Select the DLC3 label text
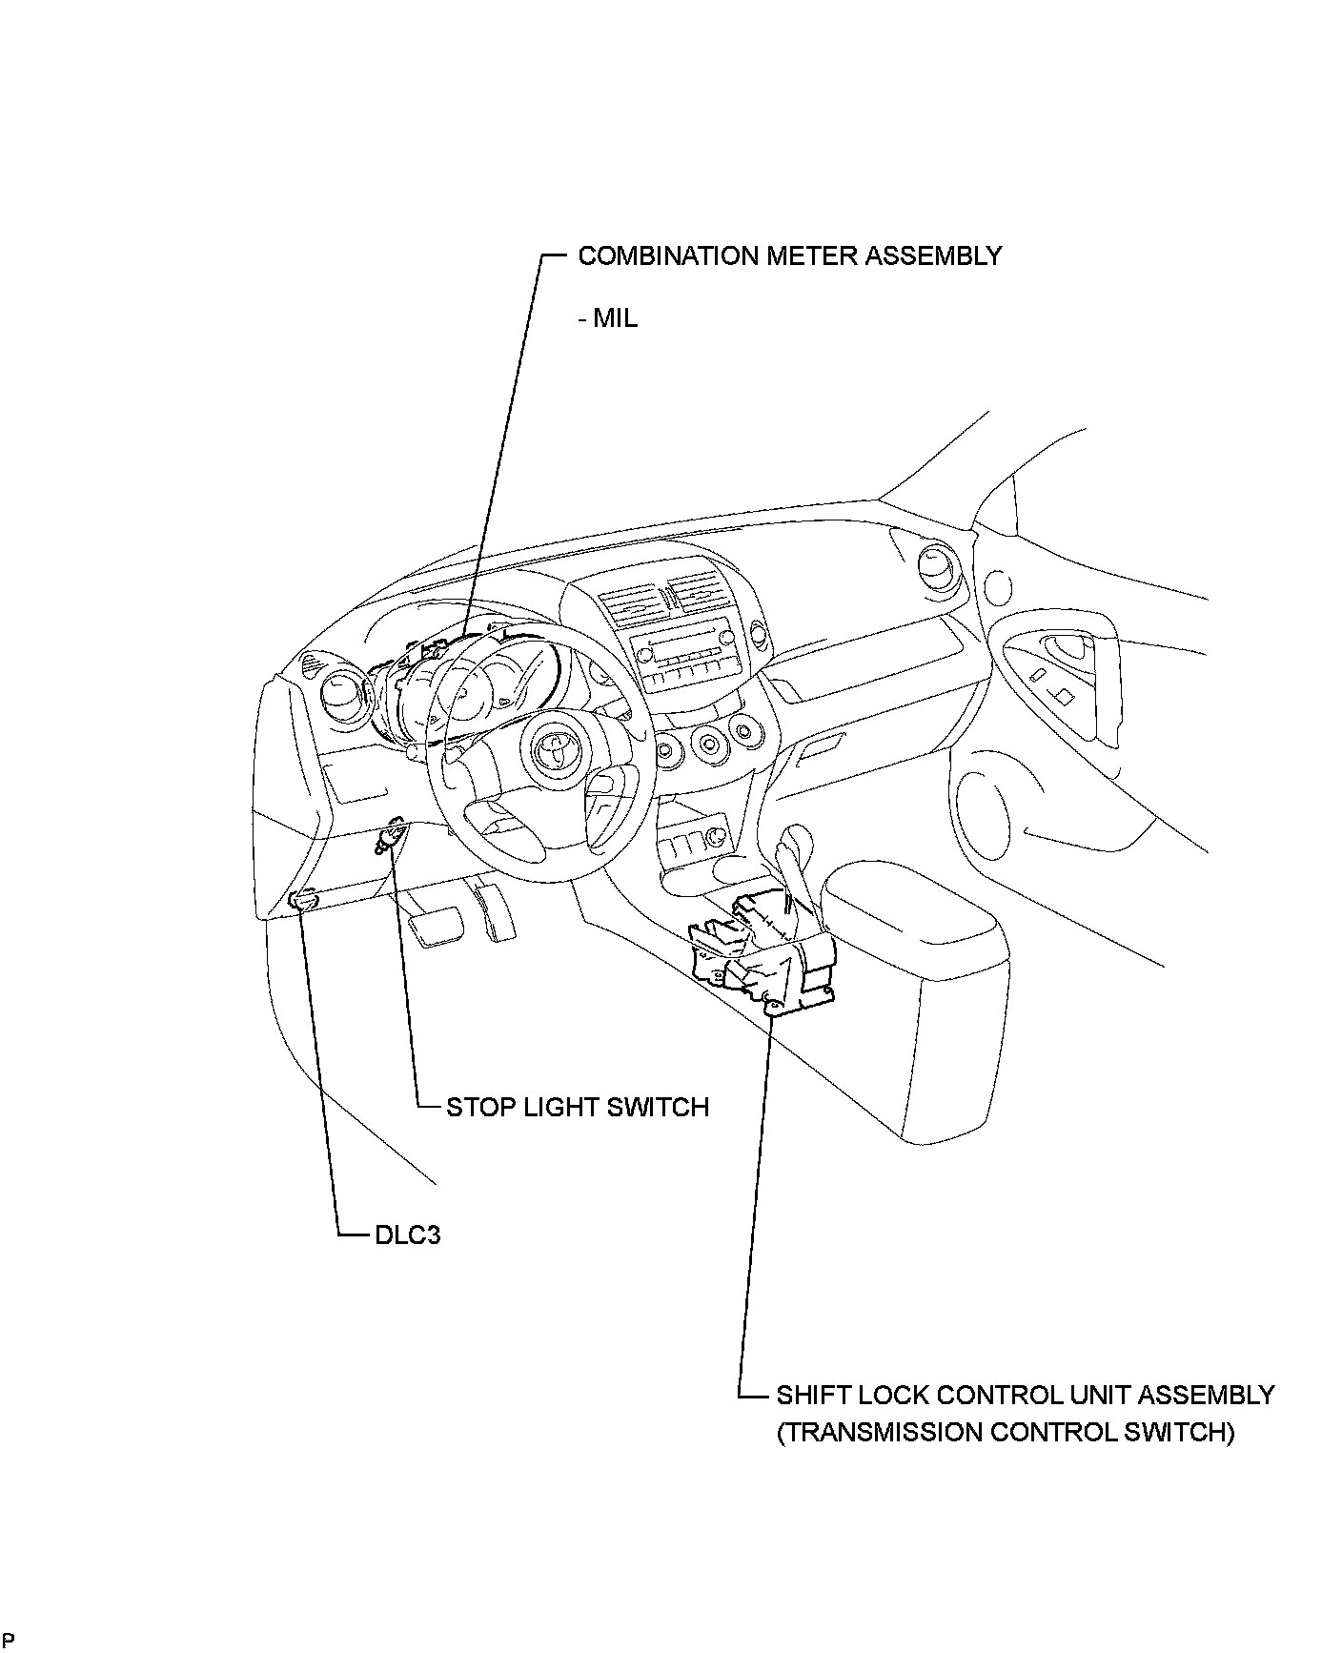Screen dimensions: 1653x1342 click(x=407, y=1235)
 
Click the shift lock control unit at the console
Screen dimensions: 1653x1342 click(x=762, y=953)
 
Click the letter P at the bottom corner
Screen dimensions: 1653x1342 click(x=8, y=1639)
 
